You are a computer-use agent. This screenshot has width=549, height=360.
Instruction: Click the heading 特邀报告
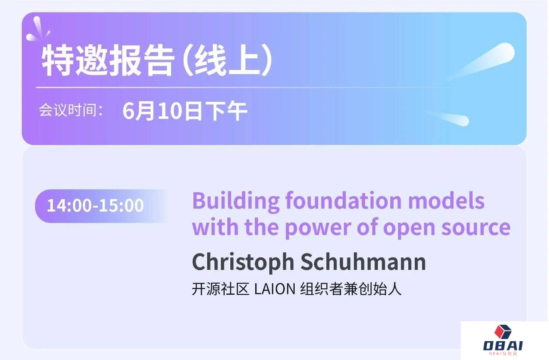(108, 61)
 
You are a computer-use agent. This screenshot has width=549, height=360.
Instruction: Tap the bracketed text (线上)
(228, 61)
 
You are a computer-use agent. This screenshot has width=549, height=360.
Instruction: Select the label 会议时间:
(71, 110)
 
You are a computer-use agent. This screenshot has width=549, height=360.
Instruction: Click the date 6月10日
(162, 111)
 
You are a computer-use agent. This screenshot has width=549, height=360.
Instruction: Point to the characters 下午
(226, 111)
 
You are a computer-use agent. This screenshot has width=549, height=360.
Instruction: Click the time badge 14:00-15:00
(95, 206)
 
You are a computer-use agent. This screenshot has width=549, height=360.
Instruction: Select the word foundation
(344, 201)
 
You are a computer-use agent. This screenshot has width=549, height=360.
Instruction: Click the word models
(446, 201)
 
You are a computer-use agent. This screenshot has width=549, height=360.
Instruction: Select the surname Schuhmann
(363, 261)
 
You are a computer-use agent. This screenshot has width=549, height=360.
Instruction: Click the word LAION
(275, 289)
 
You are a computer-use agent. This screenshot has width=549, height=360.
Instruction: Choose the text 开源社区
(220, 289)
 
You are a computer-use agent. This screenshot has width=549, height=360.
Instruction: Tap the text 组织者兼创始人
(351, 289)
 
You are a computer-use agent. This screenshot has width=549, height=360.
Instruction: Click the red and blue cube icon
(503, 332)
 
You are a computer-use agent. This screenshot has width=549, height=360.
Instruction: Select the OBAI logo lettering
(503, 346)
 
